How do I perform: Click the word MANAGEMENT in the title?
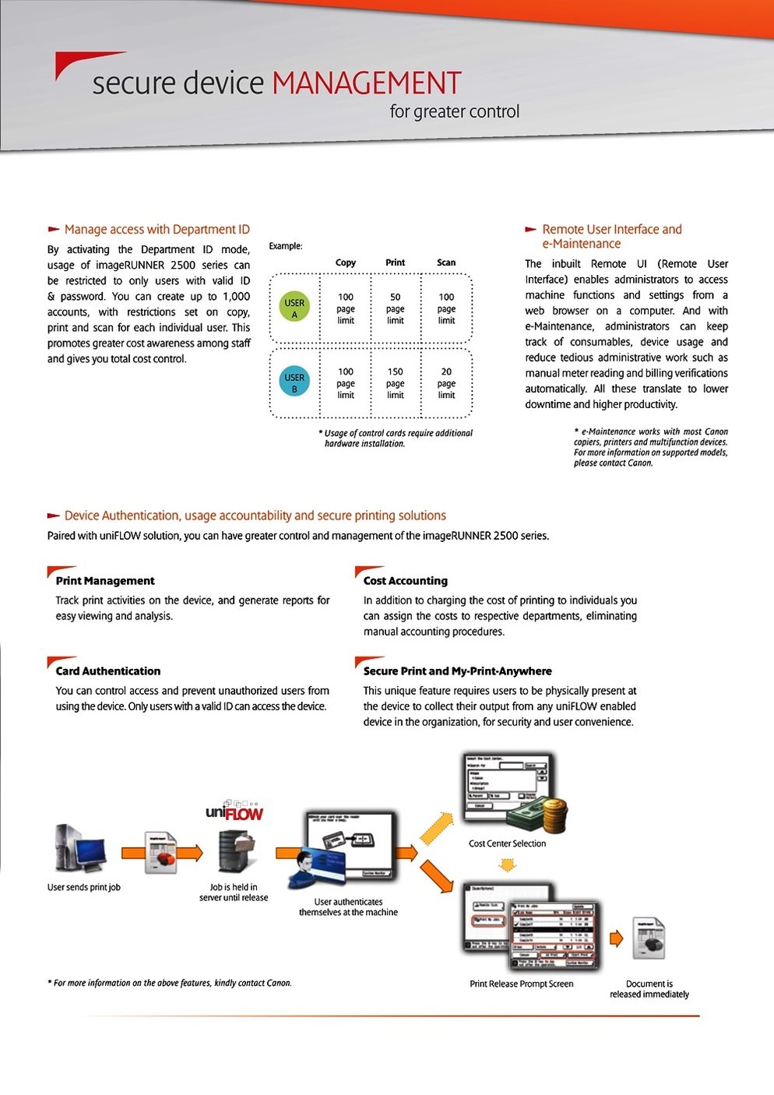click(x=366, y=83)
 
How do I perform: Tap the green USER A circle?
click(x=294, y=308)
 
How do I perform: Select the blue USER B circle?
click(x=294, y=382)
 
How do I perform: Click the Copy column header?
click(x=346, y=262)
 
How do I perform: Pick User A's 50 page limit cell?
click(x=396, y=308)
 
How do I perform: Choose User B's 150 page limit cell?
click(x=396, y=383)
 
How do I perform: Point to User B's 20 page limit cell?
click(x=446, y=383)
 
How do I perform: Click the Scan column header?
click(x=446, y=262)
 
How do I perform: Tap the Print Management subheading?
click(x=105, y=581)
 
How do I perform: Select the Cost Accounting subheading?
click(x=406, y=581)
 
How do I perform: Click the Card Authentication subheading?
click(x=108, y=671)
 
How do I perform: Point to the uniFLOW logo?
click(x=234, y=812)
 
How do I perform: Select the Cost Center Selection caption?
click(x=507, y=843)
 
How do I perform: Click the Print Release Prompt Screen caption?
click(x=522, y=984)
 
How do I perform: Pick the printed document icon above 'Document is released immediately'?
click(x=649, y=939)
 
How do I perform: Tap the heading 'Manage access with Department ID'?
click(x=157, y=230)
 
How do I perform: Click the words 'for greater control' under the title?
click(x=455, y=111)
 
